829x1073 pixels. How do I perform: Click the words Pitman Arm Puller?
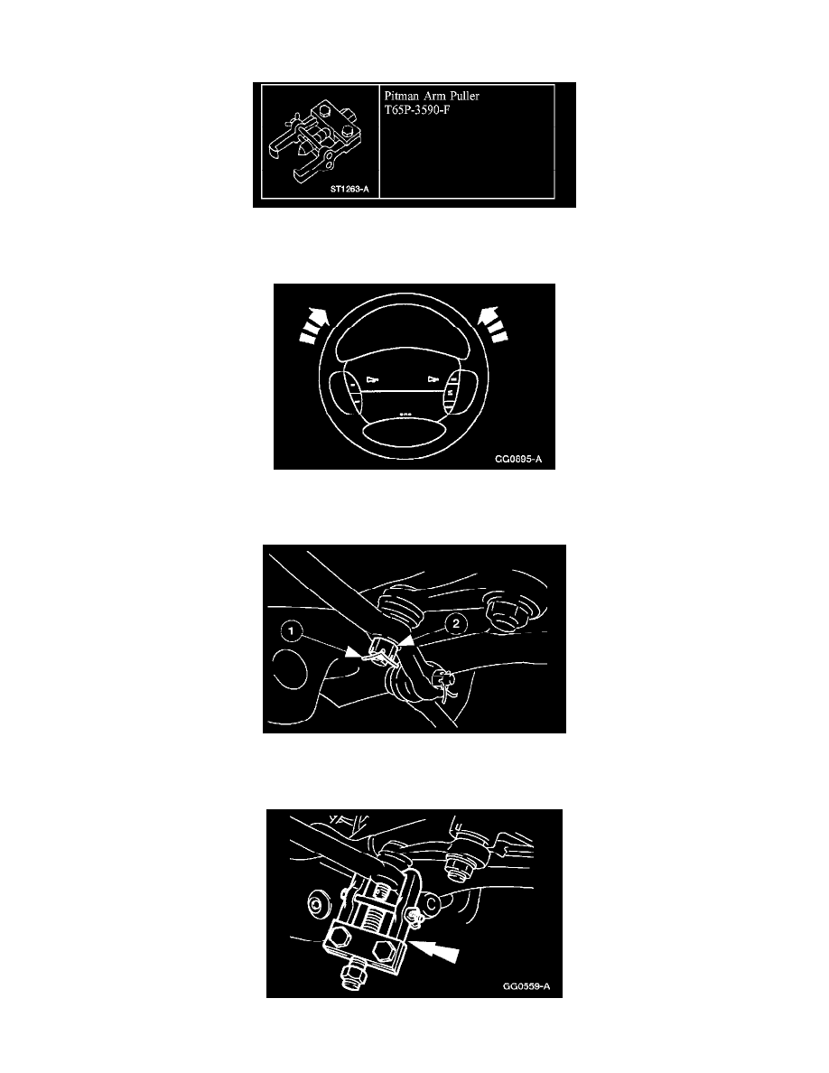[432, 96]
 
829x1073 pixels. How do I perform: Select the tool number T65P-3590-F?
[416, 110]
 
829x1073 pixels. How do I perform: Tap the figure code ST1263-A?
[349, 189]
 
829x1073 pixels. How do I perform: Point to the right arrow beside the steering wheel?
[492, 324]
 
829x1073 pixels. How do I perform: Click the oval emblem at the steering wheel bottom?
[405, 434]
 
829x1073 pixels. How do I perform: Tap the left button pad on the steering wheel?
[346, 393]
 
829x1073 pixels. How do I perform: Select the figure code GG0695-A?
[518, 459]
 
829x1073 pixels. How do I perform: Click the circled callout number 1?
[292, 630]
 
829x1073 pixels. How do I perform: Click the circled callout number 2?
[456, 623]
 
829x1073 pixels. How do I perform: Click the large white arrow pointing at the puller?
[434, 951]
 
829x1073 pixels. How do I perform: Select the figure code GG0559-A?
[526, 986]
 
